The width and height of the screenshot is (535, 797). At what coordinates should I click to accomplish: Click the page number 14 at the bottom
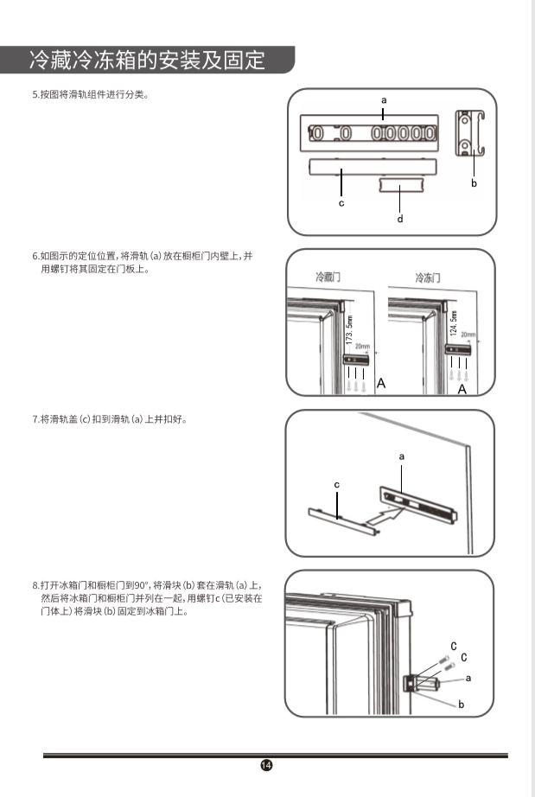pyautogui.click(x=266, y=765)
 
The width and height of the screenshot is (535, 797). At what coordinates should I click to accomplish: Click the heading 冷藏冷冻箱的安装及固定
pyautogui.click(x=147, y=61)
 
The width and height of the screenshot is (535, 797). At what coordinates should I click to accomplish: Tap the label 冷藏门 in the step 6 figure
pyautogui.click(x=328, y=277)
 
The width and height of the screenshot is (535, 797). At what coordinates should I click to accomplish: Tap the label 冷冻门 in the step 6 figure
pyautogui.click(x=428, y=277)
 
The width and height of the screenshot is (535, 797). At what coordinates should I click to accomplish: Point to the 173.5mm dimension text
pyautogui.click(x=349, y=330)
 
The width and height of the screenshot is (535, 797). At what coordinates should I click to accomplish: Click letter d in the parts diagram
pyautogui.click(x=399, y=220)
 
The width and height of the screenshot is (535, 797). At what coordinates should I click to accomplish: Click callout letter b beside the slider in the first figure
pyautogui.click(x=474, y=183)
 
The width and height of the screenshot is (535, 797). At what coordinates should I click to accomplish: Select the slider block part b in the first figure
pyautogui.click(x=468, y=134)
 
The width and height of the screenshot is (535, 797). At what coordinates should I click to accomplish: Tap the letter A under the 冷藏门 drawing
pyautogui.click(x=381, y=382)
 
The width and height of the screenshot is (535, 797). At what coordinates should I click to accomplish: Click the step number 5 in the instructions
pyautogui.click(x=34, y=94)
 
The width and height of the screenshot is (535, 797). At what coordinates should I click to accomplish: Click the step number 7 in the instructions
pyautogui.click(x=34, y=419)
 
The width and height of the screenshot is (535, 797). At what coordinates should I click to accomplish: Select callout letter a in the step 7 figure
pyautogui.click(x=401, y=456)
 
